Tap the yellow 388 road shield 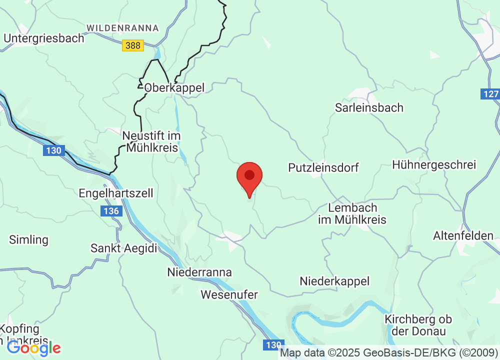pyautogui.click(x=133, y=45)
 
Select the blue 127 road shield pyautogui.click(x=490, y=94)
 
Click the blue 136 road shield pyautogui.click(x=111, y=211)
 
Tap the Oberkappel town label pyautogui.click(x=174, y=88)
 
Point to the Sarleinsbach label pyautogui.click(x=369, y=107)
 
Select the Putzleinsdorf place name pyautogui.click(x=323, y=167)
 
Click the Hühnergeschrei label pyautogui.click(x=434, y=164)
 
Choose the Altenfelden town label pyautogui.click(x=463, y=235)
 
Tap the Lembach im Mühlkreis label pyautogui.click(x=352, y=213)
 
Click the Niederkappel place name pyautogui.click(x=334, y=281)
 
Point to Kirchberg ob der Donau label pyautogui.click(x=418, y=325)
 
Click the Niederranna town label pyautogui.click(x=199, y=272)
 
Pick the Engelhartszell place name pyautogui.click(x=116, y=193)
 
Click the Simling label pyautogui.click(x=29, y=240)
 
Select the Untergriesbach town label pyautogui.click(x=44, y=38)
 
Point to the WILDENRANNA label pyautogui.click(x=122, y=28)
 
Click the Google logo pyautogui.click(x=33, y=348)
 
